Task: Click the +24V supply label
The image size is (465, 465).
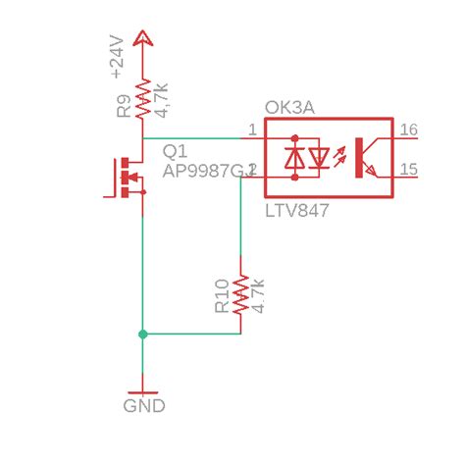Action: point(118,56)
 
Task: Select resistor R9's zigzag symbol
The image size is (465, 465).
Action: point(143,98)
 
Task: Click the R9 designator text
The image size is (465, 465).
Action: point(125,106)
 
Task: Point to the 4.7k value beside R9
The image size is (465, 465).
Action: point(161,98)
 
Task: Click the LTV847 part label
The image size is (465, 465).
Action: point(296,211)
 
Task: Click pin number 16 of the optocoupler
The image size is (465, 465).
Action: point(409,129)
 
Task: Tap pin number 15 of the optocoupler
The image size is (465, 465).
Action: point(409,170)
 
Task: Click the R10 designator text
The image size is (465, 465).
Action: point(222,295)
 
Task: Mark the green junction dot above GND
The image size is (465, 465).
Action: point(143,335)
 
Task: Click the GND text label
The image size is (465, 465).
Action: point(144,406)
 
